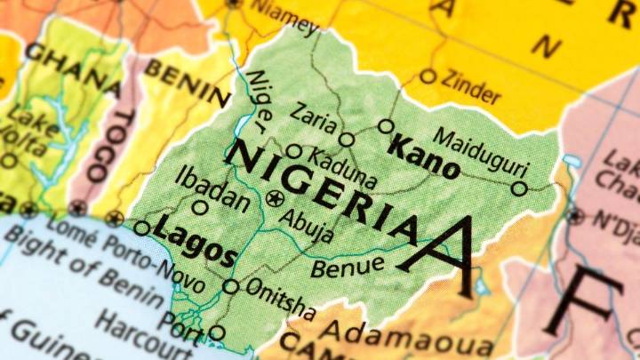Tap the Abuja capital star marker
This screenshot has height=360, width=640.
(x=275, y=196)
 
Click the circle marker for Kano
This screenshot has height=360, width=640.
(x=385, y=126)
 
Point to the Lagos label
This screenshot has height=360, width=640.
(x=194, y=241)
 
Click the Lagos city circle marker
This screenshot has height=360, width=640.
(x=142, y=228)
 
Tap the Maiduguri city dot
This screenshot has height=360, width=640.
(x=519, y=188)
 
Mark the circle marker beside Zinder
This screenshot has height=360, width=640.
(x=428, y=76)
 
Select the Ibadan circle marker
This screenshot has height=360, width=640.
(x=200, y=207)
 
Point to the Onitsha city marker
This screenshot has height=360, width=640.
(x=230, y=286)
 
